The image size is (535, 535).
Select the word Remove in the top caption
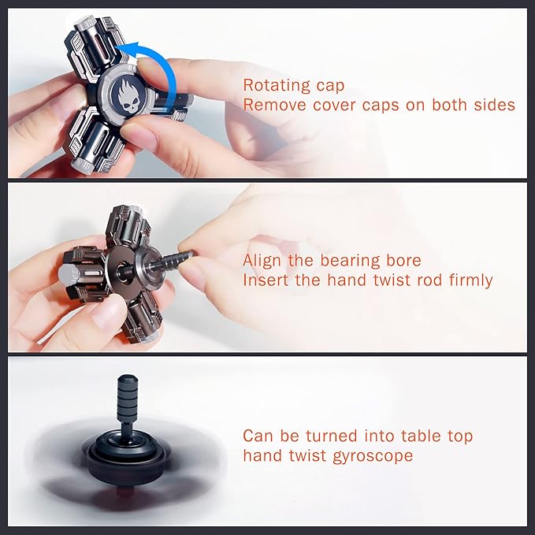click(x=269, y=105)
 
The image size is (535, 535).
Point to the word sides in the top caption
click(x=493, y=105)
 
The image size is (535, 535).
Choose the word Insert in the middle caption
click(x=266, y=281)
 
